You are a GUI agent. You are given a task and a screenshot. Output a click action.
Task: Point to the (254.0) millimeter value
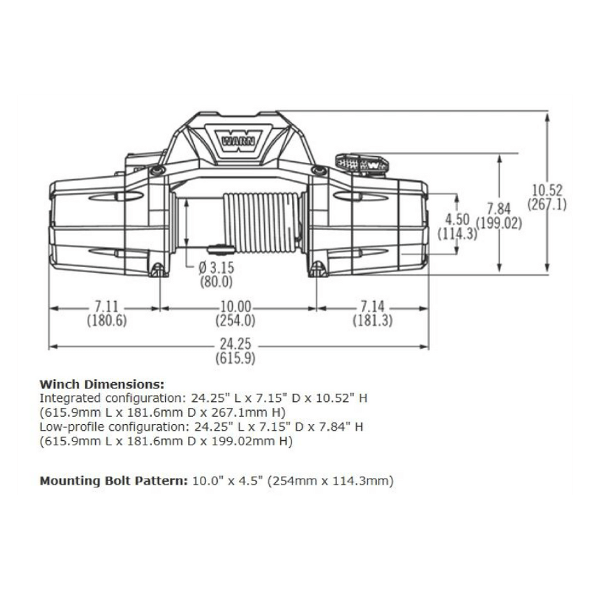[236, 320]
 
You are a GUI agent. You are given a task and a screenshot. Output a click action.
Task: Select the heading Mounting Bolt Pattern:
[112, 482]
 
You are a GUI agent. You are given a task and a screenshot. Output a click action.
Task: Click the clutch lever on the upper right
[361, 162]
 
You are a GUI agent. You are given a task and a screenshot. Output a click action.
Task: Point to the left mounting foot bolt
[156, 268]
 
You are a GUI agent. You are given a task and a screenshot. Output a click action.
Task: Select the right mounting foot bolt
[319, 268]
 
